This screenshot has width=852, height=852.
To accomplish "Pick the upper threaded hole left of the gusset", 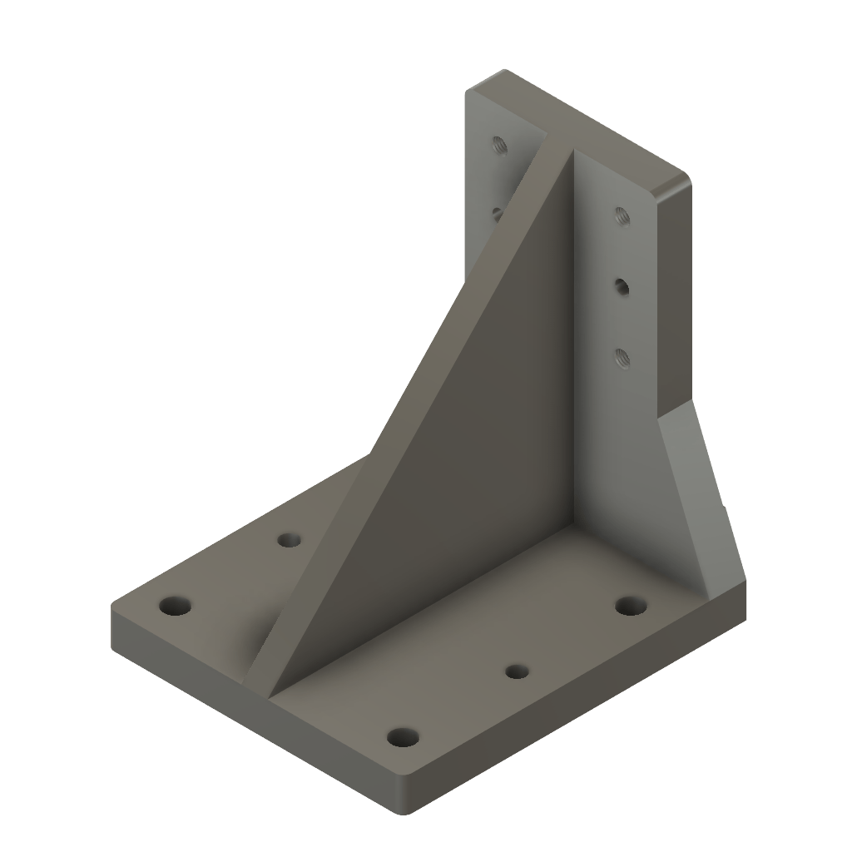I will click(500, 145).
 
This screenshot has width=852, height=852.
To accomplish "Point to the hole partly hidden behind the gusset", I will click(496, 213).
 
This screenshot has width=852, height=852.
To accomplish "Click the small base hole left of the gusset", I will click(289, 540).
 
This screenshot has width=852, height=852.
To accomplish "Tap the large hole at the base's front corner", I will click(404, 737).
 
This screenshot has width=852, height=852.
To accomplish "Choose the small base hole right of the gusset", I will click(518, 670).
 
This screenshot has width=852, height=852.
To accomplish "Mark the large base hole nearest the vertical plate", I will click(632, 605).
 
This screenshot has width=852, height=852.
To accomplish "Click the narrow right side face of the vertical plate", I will click(674, 300).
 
